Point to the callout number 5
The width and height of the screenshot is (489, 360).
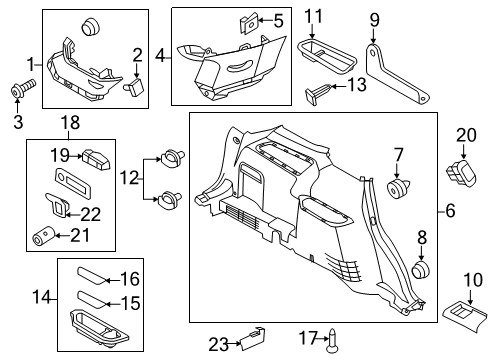click(278, 20)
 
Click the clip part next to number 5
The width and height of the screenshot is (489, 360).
click(246, 20)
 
